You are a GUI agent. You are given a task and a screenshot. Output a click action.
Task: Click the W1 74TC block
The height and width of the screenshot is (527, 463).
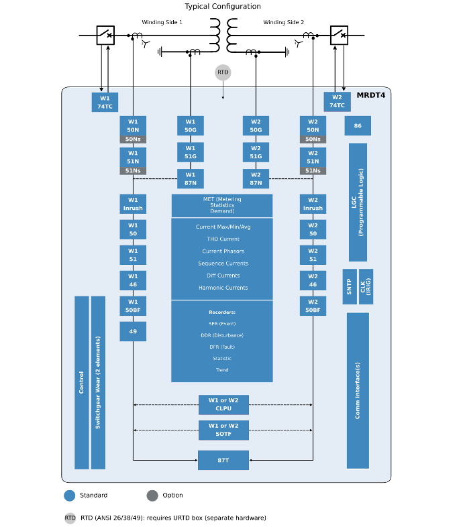tap(105, 102)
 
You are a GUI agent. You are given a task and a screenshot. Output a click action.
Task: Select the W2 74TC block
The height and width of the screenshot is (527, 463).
tap(337, 101)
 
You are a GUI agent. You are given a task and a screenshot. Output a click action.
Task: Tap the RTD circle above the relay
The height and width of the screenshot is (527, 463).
tap(223, 72)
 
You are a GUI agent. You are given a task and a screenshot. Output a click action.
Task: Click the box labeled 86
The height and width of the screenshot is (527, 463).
tap(358, 125)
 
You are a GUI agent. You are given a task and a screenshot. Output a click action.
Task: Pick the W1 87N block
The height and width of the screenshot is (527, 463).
tap(191, 178)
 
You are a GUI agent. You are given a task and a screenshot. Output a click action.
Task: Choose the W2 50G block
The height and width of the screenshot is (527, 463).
tap(256, 125)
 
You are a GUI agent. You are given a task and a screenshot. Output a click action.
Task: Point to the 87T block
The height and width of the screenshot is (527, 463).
tap(223, 460)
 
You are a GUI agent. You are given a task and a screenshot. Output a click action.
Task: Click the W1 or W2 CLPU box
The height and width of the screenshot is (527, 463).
tap(223, 404)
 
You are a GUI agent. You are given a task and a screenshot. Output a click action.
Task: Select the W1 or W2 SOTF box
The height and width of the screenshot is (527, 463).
tap(223, 430)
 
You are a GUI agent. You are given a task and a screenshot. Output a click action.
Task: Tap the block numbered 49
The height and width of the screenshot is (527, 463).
tap(133, 331)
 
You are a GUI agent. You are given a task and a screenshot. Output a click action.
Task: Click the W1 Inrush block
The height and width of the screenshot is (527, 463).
tap(133, 204)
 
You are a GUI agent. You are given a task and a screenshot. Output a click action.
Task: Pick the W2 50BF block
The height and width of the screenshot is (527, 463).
tap(313, 306)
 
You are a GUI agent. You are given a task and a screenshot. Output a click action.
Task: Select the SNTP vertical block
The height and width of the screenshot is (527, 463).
tap(350, 286)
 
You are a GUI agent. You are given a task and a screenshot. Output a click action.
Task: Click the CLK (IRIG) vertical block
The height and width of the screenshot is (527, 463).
tap(366, 286)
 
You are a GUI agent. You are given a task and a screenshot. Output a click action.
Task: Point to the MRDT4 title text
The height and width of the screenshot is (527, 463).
tap(370, 95)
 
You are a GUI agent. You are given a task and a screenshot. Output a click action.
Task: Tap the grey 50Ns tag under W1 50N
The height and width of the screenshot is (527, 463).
tap(133, 139)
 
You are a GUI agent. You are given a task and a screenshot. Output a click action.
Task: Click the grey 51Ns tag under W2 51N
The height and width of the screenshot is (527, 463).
tap(313, 171)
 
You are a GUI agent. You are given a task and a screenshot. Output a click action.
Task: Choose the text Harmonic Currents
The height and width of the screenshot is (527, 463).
tap(223, 288)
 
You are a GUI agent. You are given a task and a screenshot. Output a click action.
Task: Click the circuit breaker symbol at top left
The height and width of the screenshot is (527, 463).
tap(105, 35)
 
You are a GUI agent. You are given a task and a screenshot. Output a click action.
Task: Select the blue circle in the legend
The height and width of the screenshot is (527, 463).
tap(70, 495)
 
